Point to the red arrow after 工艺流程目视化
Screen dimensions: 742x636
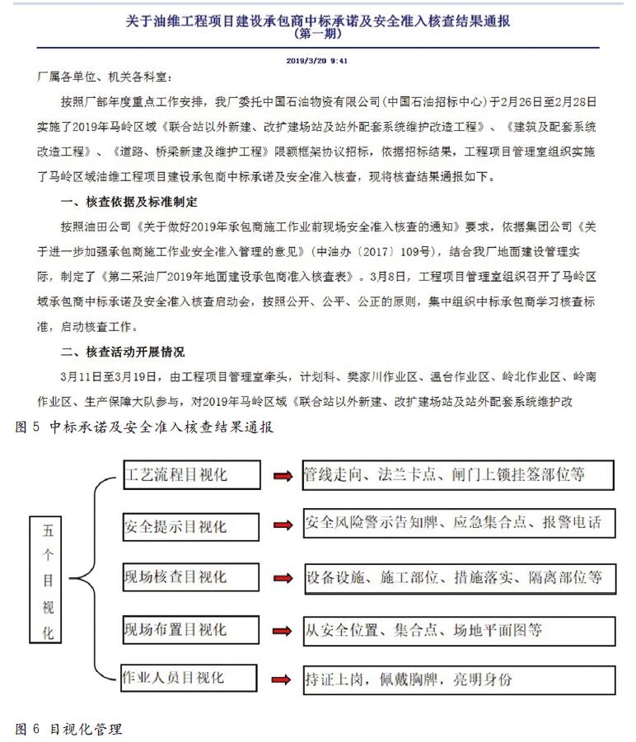[x=283, y=476]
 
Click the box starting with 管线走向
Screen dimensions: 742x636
[x=457, y=475]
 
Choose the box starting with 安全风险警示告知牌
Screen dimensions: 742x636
[x=457, y=523]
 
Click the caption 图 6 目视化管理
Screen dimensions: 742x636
[x=69, y=729]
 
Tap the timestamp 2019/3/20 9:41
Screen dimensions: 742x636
[x=316, y=60]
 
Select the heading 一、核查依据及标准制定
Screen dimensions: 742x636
[x=129, y=202]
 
